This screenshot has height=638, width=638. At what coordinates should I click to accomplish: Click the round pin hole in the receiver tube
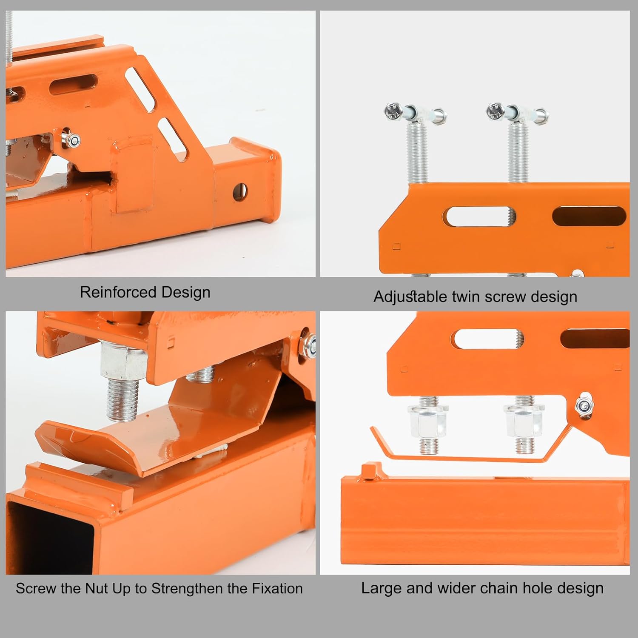pos(240,192)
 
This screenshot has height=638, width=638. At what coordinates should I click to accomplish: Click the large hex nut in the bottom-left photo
pos(123,362)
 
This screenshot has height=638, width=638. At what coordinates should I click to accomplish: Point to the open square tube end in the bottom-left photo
pos(51,538)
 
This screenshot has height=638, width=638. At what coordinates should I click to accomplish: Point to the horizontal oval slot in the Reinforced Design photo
pos(74,85)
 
